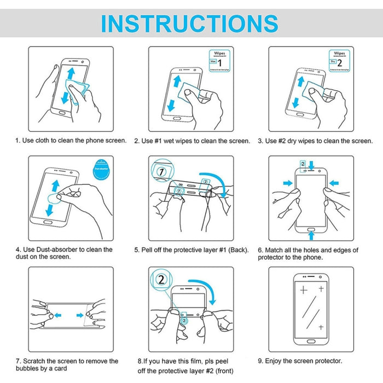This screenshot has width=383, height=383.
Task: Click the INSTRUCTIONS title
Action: click(x=190, y=24)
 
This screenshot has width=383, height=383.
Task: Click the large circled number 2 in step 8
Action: click(x=161, y=280)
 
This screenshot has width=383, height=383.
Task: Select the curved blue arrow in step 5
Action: click(x=222, y=183)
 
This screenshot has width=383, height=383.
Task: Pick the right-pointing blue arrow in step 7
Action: click(x=80, y=315)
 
